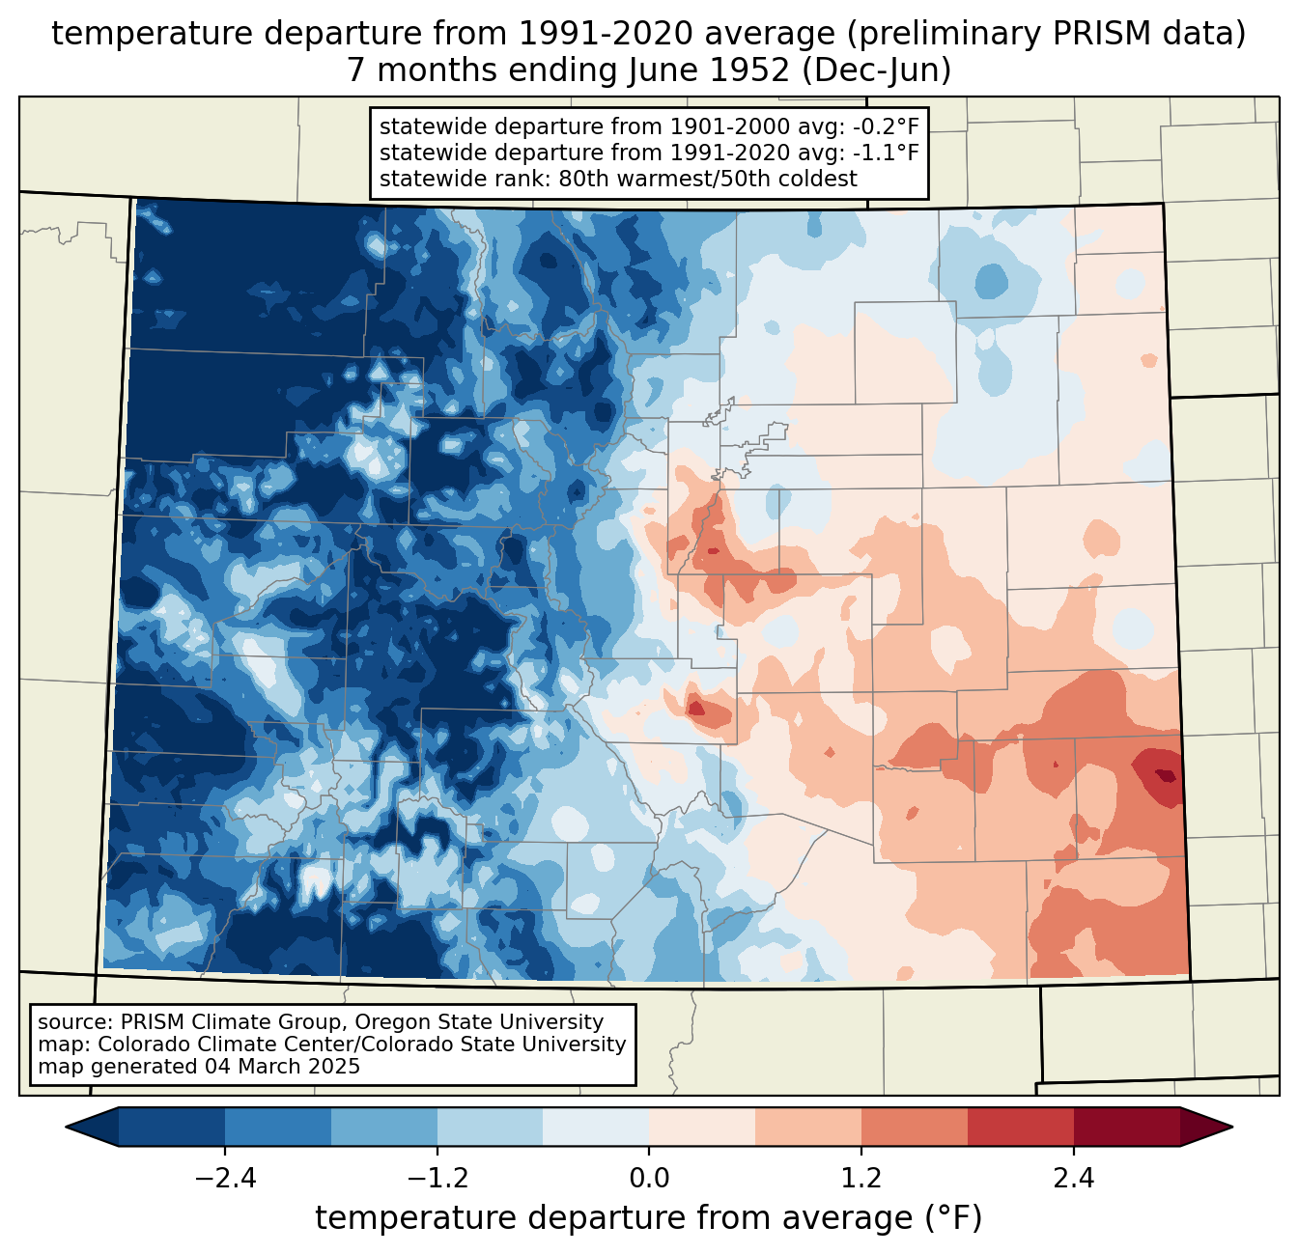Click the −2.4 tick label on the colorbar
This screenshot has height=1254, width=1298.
tap(225, 1179)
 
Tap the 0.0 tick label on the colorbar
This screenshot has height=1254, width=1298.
tap(649, 1179)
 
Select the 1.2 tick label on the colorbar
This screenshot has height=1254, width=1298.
tap(861, 1179)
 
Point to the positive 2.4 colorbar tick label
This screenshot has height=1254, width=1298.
tap(1074, 1179)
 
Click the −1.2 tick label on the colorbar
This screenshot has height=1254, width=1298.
tap(437, 1179)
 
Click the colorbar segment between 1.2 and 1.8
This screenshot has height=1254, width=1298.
tap(915, 1127)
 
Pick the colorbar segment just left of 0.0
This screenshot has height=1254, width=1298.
tap(596, 1127)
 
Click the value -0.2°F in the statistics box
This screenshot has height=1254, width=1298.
tap(886, 126)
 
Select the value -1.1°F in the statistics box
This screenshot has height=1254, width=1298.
tap(886, 153)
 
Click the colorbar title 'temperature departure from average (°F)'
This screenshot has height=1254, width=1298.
tap(649, 1218)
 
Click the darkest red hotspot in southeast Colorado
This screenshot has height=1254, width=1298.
tap(1167, 775)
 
